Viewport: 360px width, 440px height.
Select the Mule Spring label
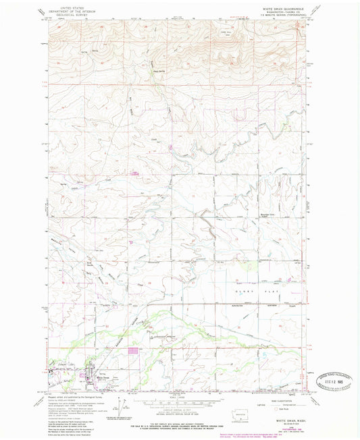pos(159,72)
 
